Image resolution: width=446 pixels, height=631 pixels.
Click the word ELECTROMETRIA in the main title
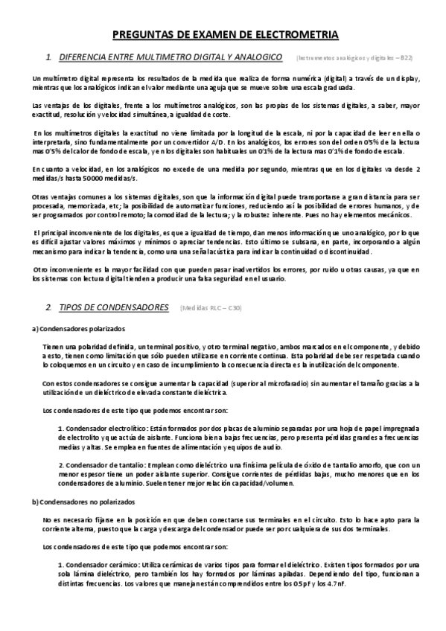(297, 34)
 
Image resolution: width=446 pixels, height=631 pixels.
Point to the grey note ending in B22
(349, 57)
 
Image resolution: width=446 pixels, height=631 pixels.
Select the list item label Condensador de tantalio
(103, 464)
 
